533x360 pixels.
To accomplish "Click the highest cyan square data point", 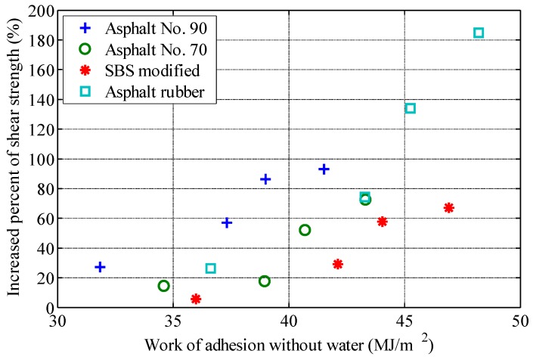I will [478, 33].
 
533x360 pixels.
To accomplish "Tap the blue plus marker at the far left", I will [100, 267].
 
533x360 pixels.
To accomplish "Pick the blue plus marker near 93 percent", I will [324, 169].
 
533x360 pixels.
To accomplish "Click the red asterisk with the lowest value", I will [196, 299].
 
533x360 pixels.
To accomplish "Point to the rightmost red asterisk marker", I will [448, 207].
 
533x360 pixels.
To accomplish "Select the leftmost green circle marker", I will [163, 286].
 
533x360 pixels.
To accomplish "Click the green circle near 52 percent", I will [305, 230].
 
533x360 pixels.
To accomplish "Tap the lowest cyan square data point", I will [210, 268].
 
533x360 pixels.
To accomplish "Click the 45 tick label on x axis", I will [404, 321].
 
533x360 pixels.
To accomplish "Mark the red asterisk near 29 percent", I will [337, 264].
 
